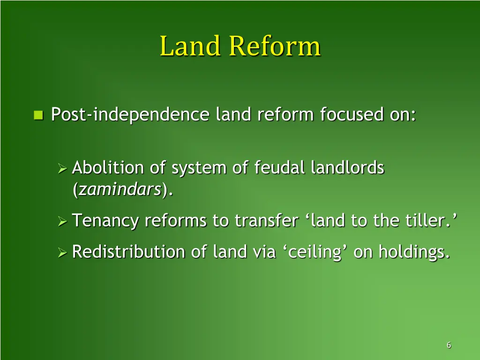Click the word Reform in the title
(x=275, y=47)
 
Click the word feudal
(x=280, y=168)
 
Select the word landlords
(x=347, y=168)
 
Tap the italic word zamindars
(x=120, y=190)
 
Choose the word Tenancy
(x=105, y=221)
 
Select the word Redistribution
(x=129, y=252)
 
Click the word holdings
(x=413, y=253)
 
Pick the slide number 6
(x=449, y=345)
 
